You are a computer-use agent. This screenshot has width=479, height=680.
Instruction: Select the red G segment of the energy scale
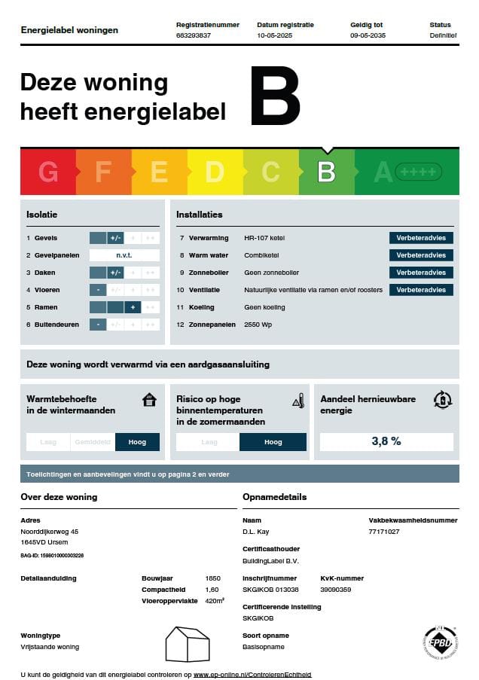[47, 172]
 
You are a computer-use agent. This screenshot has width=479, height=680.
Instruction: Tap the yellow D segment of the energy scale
[215, 172]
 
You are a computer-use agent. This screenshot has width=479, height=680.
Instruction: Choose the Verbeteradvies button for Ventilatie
[421, 290]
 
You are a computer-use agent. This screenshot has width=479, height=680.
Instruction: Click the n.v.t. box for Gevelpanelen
[124, 255]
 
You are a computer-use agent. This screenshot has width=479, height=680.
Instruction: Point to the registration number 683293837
[194, 35]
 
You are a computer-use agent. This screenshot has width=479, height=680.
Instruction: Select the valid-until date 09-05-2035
[368, 35]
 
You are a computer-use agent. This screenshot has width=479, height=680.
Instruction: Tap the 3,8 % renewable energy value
[386, 441]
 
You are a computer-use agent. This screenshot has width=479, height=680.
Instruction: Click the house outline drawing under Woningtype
[188, 644]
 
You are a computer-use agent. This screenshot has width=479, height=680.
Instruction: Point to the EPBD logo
[441, 642]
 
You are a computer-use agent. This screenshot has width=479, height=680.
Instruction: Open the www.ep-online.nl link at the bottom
[252, 675]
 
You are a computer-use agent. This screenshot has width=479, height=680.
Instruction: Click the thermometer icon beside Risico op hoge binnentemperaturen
[297, 400]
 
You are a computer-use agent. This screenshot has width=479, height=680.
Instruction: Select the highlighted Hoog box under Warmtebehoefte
[137, 442]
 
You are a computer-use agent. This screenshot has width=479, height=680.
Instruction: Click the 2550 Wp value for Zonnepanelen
[258, 325]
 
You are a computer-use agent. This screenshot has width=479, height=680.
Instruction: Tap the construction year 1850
[212, 578]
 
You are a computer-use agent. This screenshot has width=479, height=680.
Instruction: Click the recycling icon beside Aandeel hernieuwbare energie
[443, 400]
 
